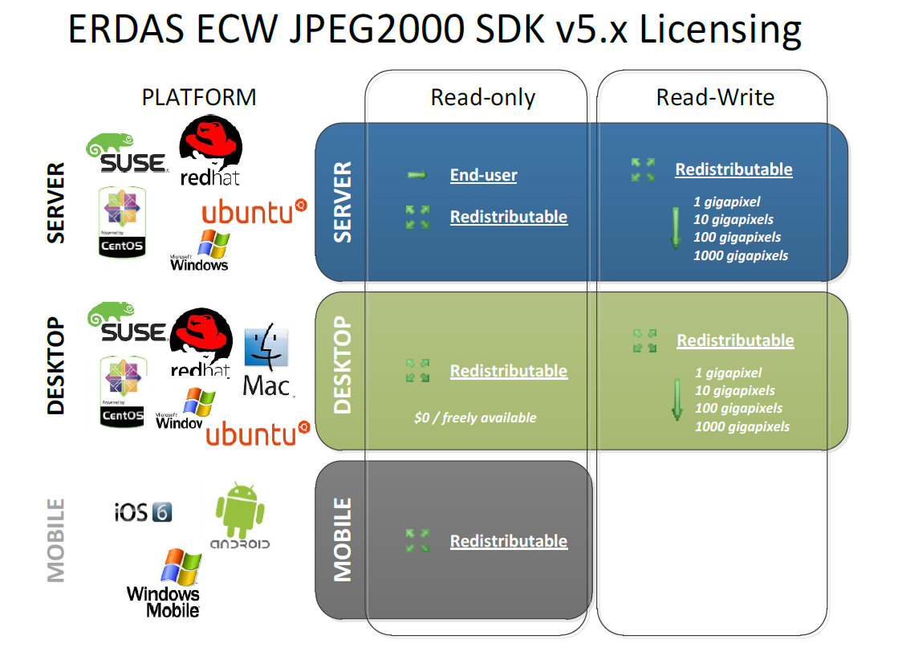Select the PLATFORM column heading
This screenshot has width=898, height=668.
coord(199,97)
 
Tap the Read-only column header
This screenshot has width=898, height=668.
coord(482,98)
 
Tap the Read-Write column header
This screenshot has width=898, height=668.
coord(715,98)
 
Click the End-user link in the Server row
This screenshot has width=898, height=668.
coord(483,175)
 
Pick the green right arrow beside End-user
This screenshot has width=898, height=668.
coord(417,175)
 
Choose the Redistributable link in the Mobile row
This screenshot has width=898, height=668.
coord(508,541)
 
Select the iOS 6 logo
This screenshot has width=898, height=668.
coord(143,511)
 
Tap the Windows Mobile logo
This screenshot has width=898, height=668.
coord(165,584)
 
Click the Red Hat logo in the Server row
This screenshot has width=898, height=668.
coord(210,150)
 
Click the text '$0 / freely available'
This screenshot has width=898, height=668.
coord(475,417)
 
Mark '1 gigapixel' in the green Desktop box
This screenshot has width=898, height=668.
coord(728,373)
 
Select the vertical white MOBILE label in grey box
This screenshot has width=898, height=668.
coord(343,540)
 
